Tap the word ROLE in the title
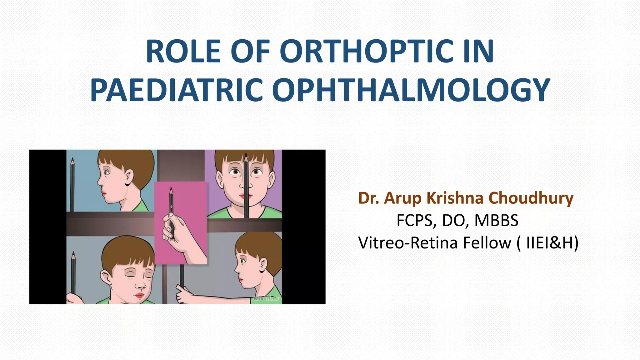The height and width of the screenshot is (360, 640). click(183, 51)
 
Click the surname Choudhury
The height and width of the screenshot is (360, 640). click(531, 198)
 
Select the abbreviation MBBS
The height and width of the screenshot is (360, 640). click(497, 220)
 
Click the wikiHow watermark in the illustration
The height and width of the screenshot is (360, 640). click(265, 298)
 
